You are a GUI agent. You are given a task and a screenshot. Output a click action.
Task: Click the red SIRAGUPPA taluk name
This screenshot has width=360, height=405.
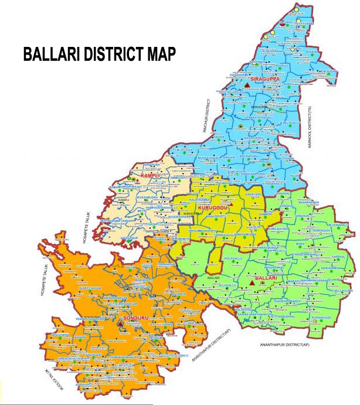point(263,78)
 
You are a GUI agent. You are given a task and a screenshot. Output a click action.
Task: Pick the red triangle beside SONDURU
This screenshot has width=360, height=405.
point(120,322)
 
